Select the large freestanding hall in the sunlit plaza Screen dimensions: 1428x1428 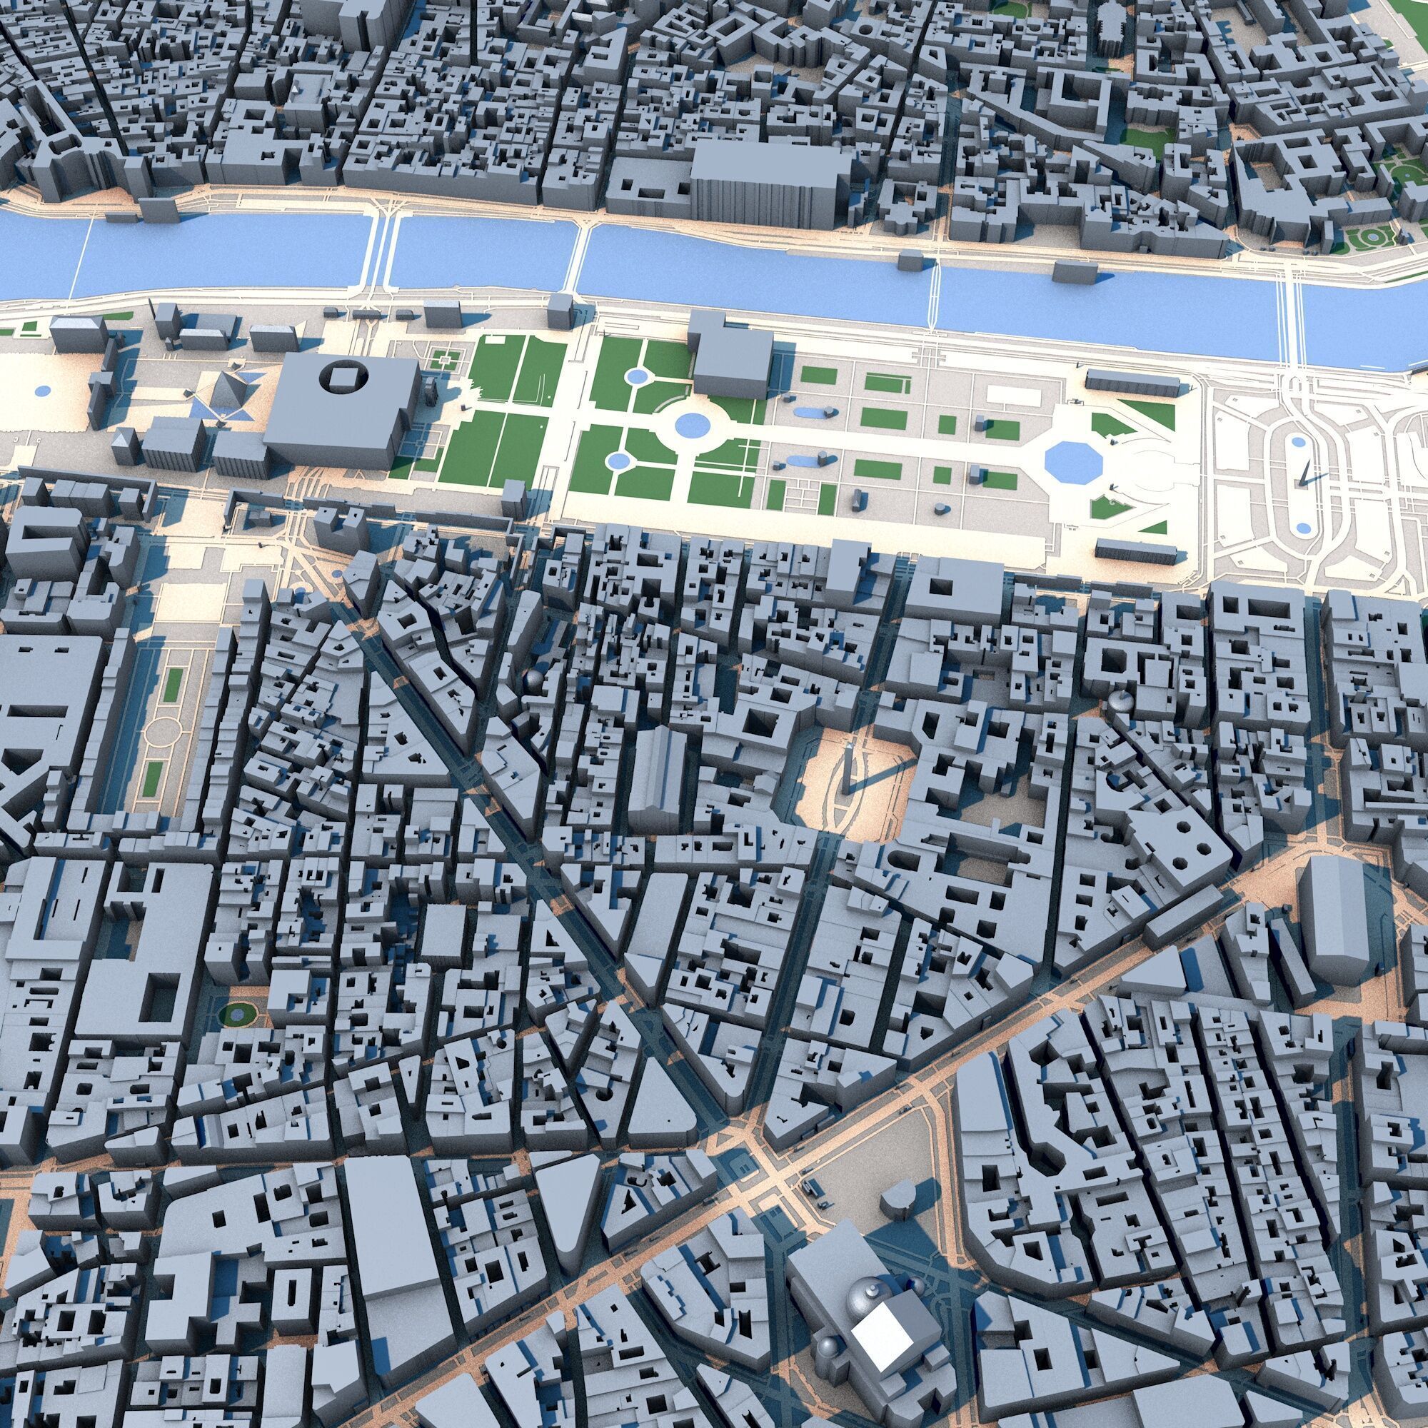coord(1332,920)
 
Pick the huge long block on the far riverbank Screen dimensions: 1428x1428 coord(769,185)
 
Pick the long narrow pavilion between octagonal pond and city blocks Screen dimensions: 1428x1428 coord(1135,550)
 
